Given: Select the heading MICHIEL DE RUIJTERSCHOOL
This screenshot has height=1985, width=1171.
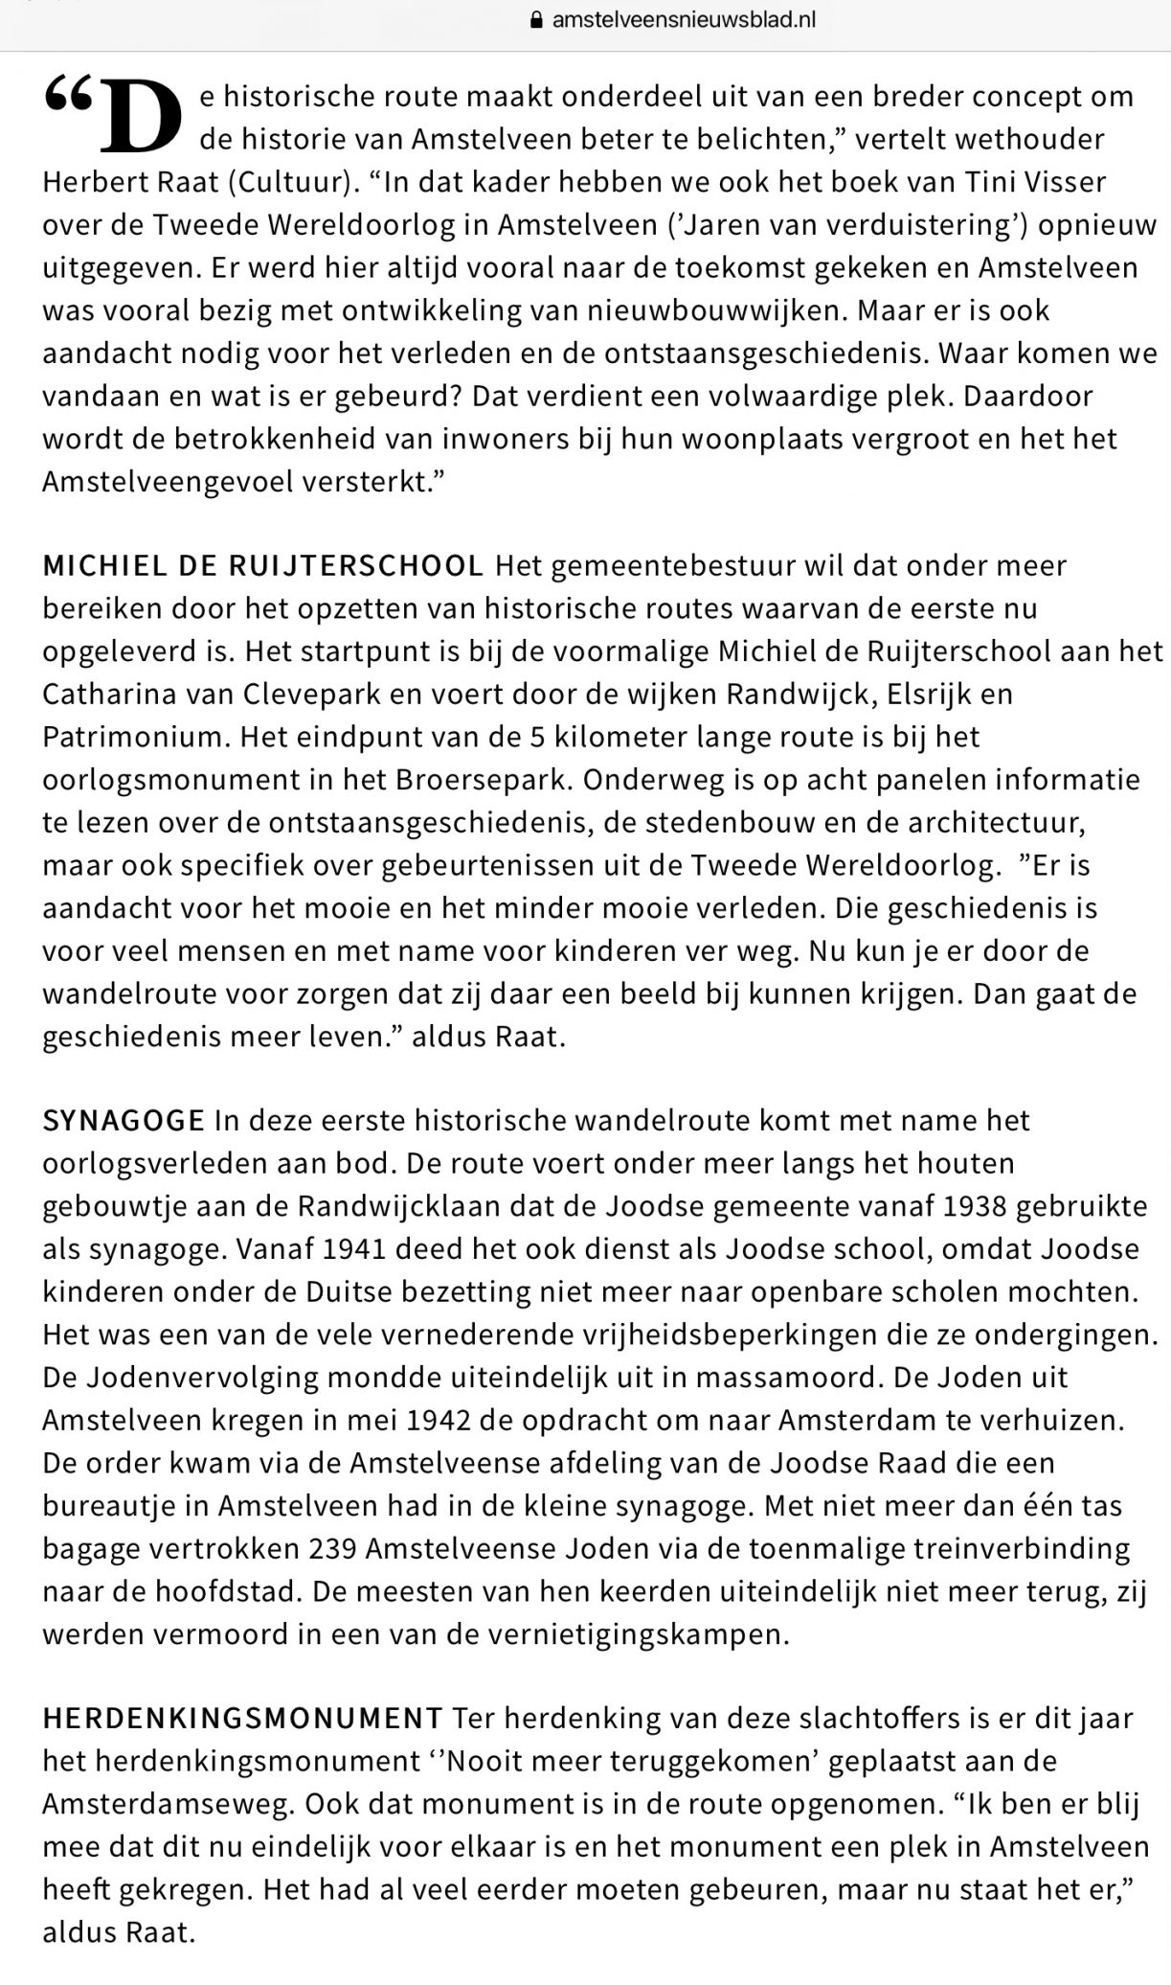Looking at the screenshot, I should point(263,565).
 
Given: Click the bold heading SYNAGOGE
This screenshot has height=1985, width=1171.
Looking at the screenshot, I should point(124,1120).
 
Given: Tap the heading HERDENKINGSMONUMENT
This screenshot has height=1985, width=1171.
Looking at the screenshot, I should point(242,1718).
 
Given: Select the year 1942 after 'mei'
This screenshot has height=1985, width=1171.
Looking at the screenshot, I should point(439,1420).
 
